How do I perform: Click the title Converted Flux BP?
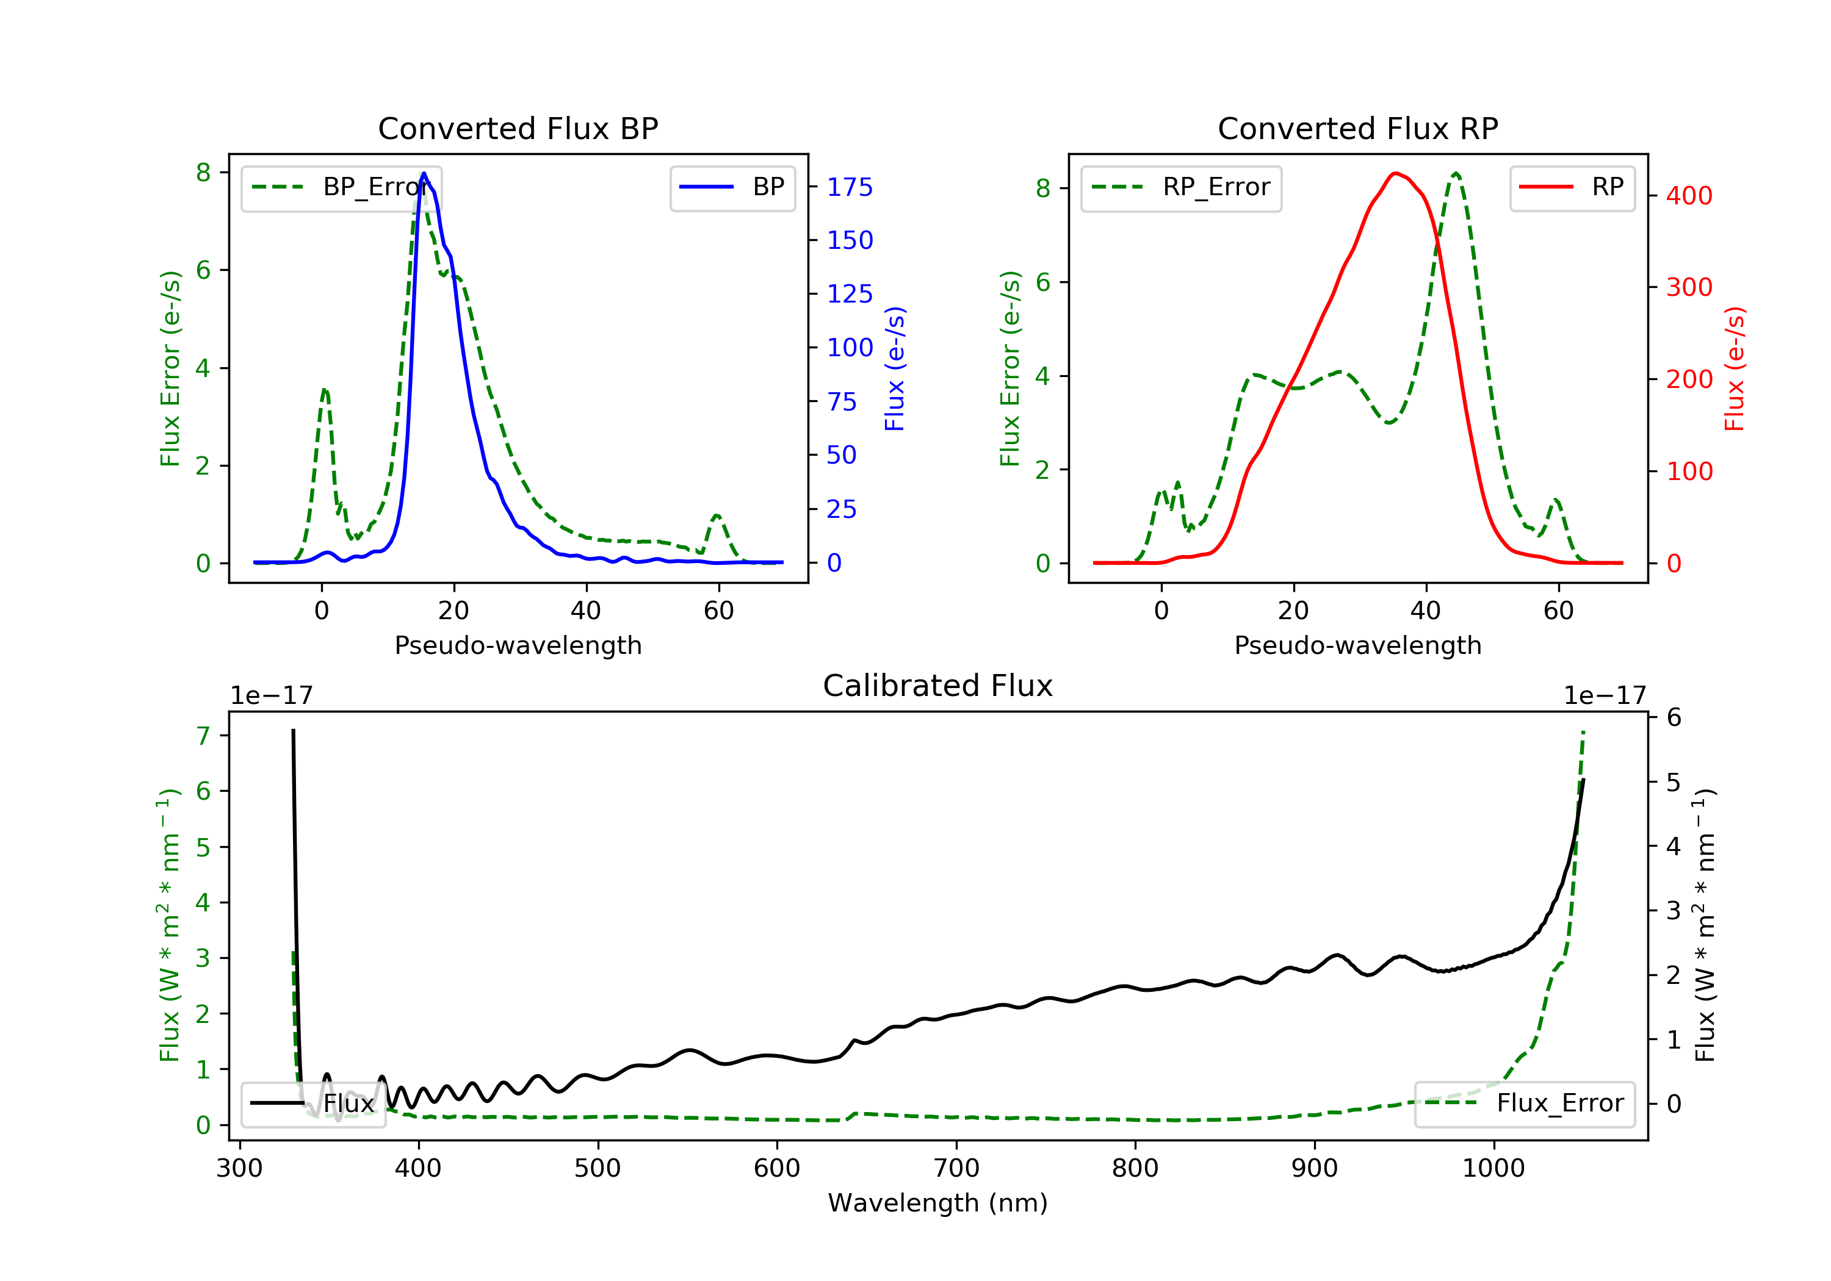[518, 128]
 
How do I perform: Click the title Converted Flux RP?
[1357, 128]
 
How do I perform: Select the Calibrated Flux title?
[938, 686]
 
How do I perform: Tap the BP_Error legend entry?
[341, 188]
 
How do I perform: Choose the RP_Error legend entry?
[1181, 188]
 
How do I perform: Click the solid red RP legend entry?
[1572, 187]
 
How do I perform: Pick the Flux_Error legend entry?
[1525, 1103]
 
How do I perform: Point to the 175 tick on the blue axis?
[850, 187]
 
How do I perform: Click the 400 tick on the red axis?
[1689, 196]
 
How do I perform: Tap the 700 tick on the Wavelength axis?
[956, 1169]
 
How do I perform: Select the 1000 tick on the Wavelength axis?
[1493, 1169]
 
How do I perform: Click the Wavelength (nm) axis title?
[938, 1203]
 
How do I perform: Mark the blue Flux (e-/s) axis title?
[895, 369]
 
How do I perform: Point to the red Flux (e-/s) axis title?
[1735, 369]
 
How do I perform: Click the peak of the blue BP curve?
[424, 173]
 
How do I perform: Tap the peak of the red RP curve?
[1395, 173]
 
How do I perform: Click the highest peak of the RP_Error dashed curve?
[1456, 173]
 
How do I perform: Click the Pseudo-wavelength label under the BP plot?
[518, 645]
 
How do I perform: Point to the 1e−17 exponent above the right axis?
[1605, 696]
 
